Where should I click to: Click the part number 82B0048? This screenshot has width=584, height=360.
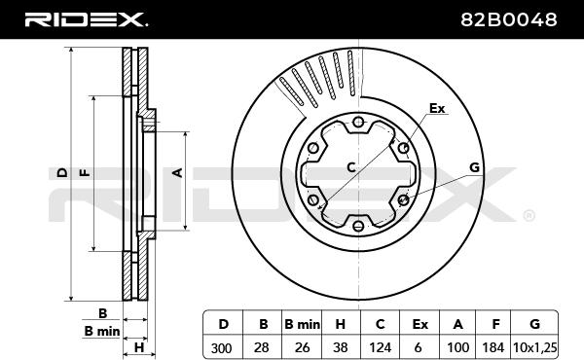[x=509, y=19]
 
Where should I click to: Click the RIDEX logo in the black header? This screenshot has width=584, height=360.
[x=86, y=19]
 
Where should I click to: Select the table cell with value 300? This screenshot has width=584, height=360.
[x=222, y=347]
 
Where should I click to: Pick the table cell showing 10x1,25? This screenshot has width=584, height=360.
[x=535, y=347]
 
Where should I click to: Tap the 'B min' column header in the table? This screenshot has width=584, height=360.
[x=302, y=324]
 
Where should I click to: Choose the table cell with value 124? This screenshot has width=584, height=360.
[x=380, y=347]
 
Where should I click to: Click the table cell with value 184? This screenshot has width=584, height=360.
[x=493, y=347]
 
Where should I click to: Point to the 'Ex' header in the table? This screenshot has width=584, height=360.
[x=420, y=324]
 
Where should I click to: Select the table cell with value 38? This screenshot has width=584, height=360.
[x=341, y=347]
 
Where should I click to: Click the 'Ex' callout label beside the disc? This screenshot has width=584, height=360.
[x=437, y=108]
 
